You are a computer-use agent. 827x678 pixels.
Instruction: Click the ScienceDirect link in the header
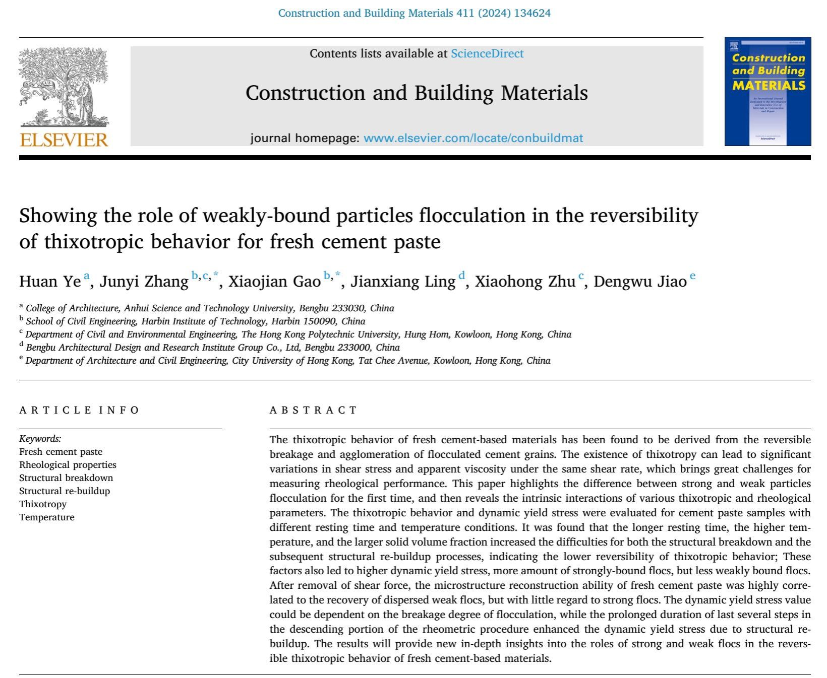[487, 53]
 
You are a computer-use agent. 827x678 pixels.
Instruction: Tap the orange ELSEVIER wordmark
[64, 139]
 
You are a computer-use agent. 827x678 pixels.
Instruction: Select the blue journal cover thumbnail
[767, 91]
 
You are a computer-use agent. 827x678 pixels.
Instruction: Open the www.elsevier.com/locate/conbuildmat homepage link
[473, 138]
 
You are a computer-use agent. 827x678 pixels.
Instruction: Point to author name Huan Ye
[50, 281]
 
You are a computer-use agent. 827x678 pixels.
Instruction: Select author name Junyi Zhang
[144, 281]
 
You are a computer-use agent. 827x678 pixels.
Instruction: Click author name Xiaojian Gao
[274, 281]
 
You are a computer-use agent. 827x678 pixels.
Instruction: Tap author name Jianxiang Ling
[403, 281]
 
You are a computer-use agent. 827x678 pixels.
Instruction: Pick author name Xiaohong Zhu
[525, 281]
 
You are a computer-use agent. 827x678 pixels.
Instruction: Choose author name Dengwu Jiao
[640, 281]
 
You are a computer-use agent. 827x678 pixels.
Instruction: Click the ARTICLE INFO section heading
[79, 410]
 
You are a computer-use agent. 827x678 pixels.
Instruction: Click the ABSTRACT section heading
[313, 410]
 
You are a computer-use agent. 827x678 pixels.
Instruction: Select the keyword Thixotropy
[43, 504]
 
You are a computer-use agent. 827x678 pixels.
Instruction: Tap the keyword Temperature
[46, 517]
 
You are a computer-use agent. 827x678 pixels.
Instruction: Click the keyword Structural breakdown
[66, 478]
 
